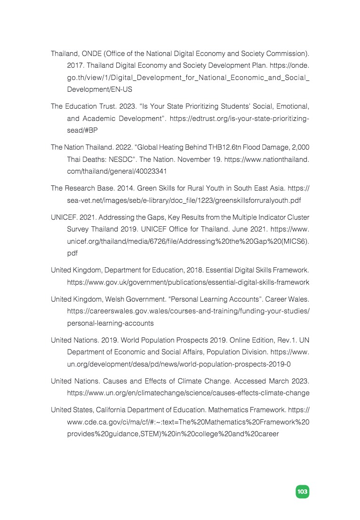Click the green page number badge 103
tap(302, 491)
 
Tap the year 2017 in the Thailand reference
tap(75, 66)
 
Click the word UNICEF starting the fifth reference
tap(63, 217)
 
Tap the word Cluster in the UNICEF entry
tap(297, 217)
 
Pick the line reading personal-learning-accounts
tap(111, 323)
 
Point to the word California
tap(110, 410)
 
